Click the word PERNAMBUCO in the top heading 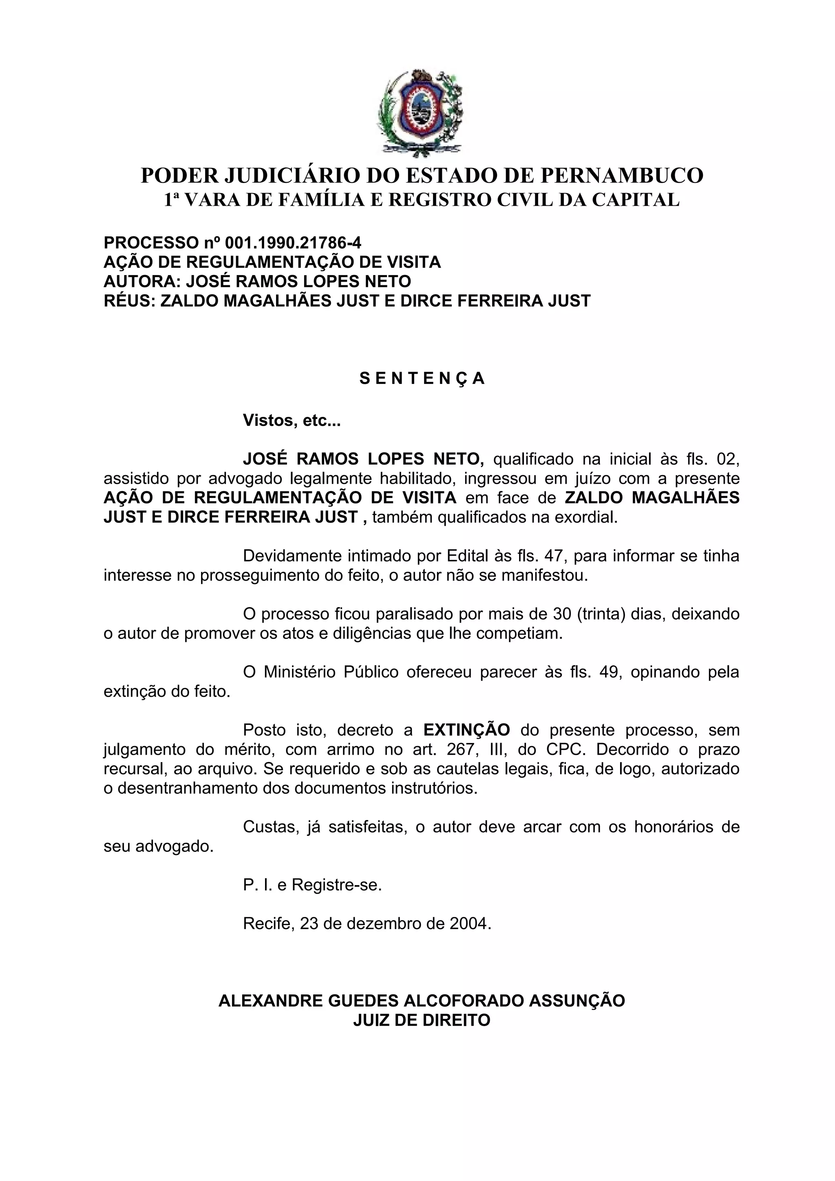pyautogui.click(x=621, y=176)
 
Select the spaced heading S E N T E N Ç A pyautogui.click(x=422, y=379)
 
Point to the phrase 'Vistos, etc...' pyautogui.click(x=292, y=420)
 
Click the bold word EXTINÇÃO pyautogui.click(x=467, y=730)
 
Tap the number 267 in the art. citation pyautogui.click(x=464, y=749)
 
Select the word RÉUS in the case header pyautogui.click(x=128, y=300)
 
